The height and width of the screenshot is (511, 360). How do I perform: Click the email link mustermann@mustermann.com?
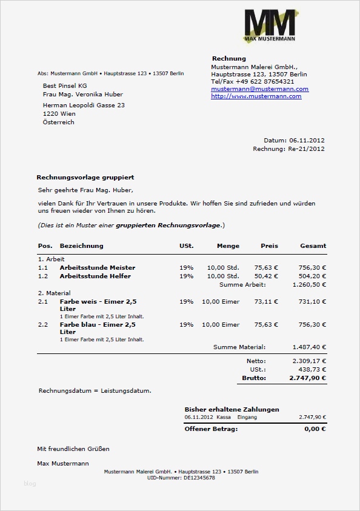(x=259, y=89)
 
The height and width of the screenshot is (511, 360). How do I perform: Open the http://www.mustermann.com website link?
(x=256, y=96)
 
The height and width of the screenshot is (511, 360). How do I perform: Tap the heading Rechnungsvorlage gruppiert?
(x=85, y=178)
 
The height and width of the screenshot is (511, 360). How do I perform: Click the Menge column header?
(x=228, y=246)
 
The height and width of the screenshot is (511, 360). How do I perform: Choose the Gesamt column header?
(x=313, y=246)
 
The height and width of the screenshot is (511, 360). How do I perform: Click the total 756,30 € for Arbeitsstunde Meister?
(x=312, y=267)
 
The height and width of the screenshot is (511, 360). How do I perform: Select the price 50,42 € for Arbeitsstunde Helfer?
(x=266, y=276)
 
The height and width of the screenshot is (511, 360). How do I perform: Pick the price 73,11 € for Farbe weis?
(x=266, y=301)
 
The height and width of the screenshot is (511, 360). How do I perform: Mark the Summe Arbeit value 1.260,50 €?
(x=309, y=284)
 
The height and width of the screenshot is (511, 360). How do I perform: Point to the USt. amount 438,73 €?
(x=313, y=369)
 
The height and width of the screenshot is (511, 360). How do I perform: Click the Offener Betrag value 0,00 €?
(x=315, y=429)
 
